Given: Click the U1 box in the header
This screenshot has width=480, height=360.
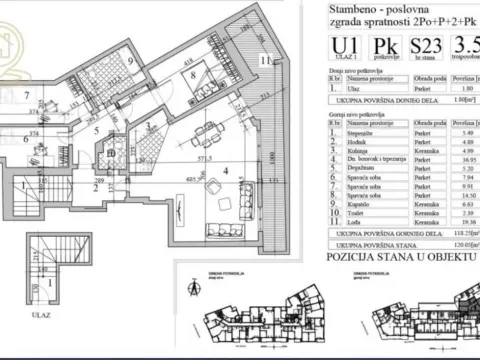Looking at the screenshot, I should pos(345,49).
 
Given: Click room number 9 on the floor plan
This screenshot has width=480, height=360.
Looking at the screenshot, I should pos(130,59).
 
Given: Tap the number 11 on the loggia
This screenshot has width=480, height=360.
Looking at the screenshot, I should pos(264,62).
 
